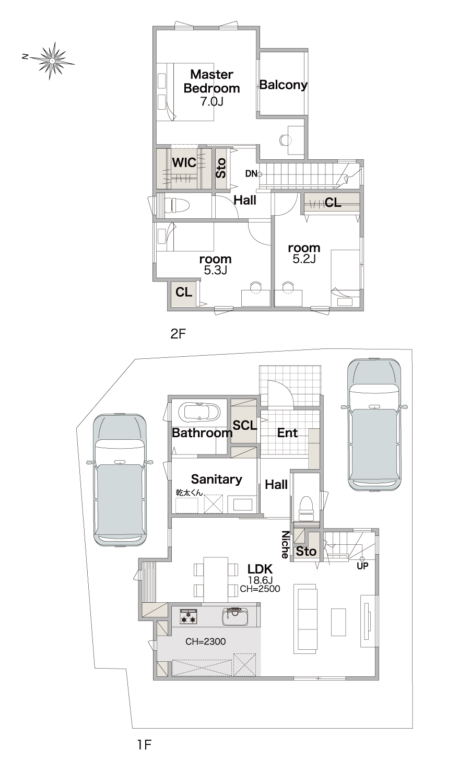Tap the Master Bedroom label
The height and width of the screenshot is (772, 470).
click(211, 81)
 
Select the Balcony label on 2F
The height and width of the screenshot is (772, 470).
click(283, 85)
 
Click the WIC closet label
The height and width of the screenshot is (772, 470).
click(184, 162)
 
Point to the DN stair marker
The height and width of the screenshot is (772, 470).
click(251, 174)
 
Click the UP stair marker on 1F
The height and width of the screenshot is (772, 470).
click(362, 566)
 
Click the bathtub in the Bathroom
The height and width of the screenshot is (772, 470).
click(199, 412)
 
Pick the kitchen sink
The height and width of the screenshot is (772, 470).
click(235, 616)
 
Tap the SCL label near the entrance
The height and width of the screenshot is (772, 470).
click(244, 425)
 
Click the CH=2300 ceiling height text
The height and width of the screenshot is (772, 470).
click(206, 641)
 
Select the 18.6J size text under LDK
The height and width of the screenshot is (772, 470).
click(261, 580)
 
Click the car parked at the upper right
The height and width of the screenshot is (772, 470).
click(374, 425)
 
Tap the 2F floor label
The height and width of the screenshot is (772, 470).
click(178, 334)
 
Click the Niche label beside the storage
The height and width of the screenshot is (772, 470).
click(285, 544)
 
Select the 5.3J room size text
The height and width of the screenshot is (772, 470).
click(215, 270)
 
